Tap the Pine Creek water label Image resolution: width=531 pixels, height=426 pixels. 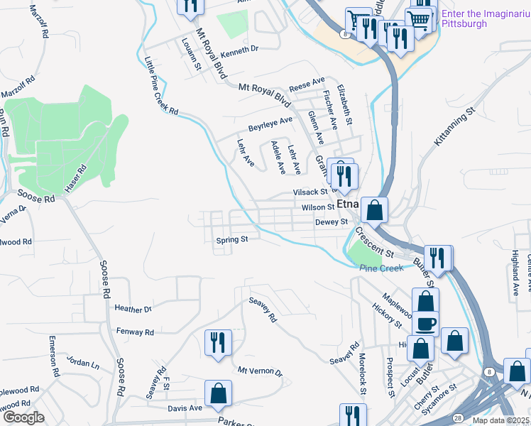tap(381, 268)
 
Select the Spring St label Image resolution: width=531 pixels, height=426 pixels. tap(231, 240)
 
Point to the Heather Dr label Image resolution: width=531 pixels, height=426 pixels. tap(133, 309)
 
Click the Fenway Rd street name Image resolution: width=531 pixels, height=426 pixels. tap(134, 332)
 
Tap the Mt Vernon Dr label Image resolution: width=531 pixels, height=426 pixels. tap(260, 371)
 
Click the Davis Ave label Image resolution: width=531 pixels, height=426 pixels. tap(185, 408)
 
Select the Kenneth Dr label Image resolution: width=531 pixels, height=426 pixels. tap(239, 49)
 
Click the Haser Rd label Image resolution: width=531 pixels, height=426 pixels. tap(77, 177)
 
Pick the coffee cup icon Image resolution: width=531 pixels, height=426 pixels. tap(426, 324)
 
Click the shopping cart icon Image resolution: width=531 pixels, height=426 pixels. tap(420, 21)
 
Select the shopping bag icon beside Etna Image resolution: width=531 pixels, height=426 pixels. tap(374, 209)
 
